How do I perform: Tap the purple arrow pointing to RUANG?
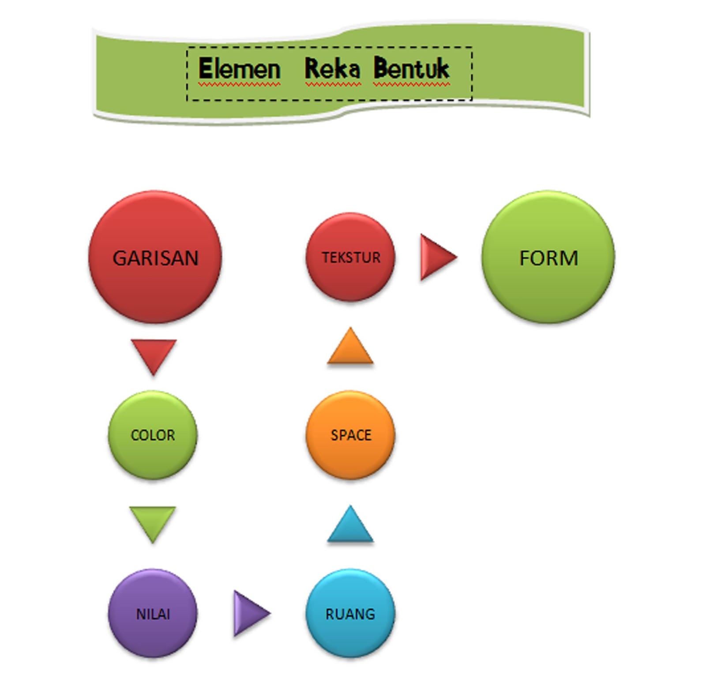pos(249,613)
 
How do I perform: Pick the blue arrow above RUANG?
pos(350,527)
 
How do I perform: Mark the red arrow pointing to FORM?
pos(436,257)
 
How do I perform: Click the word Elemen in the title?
pos(239,69)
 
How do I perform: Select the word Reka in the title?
pos(332,69)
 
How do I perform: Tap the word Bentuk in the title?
pos(411,69)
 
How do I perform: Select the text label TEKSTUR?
pos(351,257)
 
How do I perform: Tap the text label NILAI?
pos(153,614)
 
